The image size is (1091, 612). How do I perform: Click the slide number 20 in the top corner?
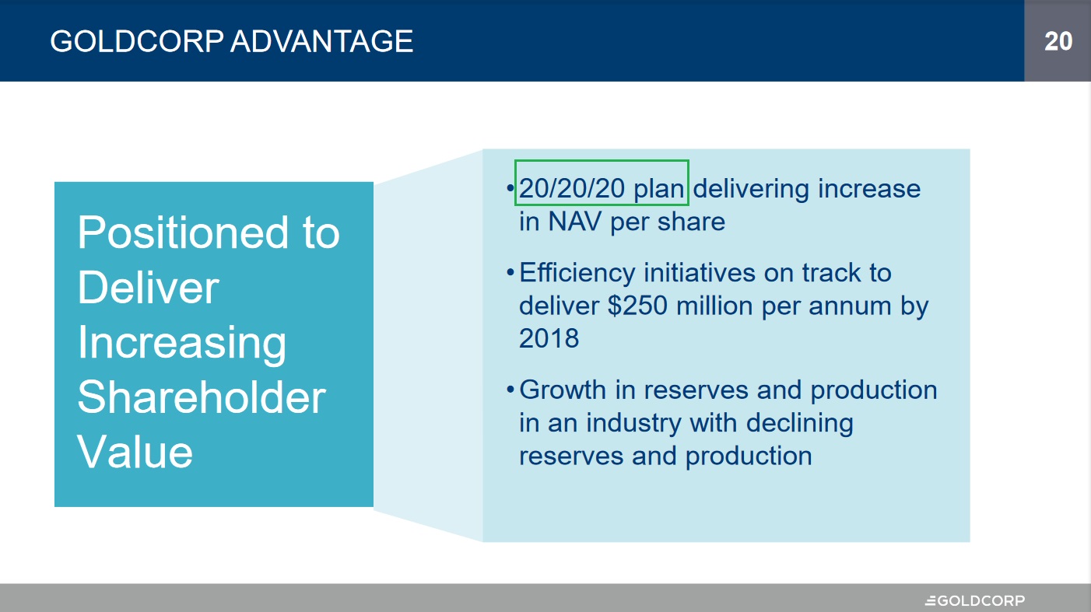tap(1058, 40)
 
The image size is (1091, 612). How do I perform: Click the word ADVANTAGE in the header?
tap(321, 40)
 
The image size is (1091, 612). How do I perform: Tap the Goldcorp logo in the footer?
tap(974, 600)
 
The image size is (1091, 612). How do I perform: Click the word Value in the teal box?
tap(135, 452)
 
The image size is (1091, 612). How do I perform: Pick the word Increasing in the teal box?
tap(182, 342)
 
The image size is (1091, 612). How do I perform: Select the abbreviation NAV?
tap(575, 222)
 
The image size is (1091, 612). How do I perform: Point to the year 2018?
tap(549, 338)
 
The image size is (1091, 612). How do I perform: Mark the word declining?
tap(799, 423)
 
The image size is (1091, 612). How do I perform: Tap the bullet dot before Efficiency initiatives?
tap(510, 274)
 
